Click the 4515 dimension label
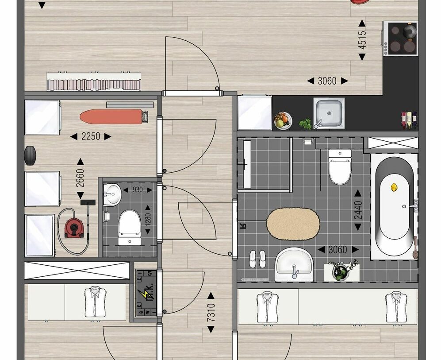(x=362, y=40)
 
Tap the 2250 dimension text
(x=91, y=137)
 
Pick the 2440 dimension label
(x=358, y=211)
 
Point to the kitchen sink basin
(x=329, y=112)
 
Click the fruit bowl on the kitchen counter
(x=283, y=120)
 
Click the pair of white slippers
(x=257, y=259)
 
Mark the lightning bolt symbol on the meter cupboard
(x=144, y=294)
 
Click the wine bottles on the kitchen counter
(x=409, y=120)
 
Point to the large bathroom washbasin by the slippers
(x=294, y=265)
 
